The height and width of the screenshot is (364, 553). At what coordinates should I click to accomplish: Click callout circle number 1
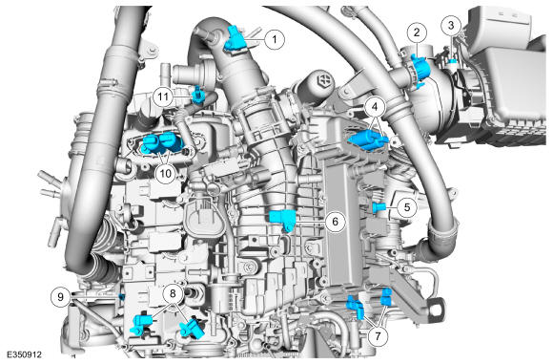[275, 39]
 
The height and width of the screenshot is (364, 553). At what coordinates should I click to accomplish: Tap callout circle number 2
[417, 32]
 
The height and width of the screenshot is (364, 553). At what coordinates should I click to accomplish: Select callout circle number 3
[451, 25]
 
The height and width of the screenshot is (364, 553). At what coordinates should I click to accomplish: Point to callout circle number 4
[375, 106]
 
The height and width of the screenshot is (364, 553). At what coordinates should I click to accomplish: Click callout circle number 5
[407, 207]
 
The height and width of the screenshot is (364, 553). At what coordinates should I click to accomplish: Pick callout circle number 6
[335, 222]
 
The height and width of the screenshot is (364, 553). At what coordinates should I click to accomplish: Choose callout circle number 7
[378, 335]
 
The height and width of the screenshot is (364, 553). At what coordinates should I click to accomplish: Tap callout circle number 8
[173, 293]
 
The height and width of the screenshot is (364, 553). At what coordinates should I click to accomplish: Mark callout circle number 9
[60, 296]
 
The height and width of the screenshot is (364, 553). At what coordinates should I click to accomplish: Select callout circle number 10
[165, 174]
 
